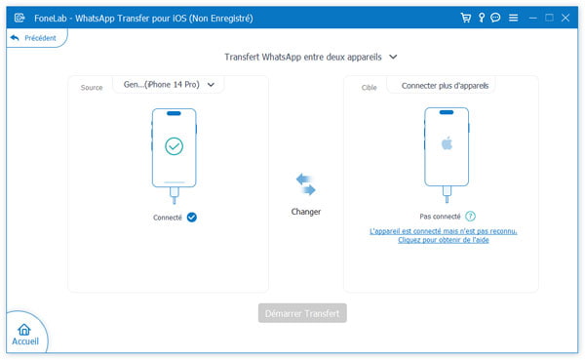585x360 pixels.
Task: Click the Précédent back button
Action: coord(32,38)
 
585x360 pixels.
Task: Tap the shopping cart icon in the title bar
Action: coord(466,17)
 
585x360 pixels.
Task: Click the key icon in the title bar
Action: coord(481,17)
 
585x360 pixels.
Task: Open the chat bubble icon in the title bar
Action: coord(495,17)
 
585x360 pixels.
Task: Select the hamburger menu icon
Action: coord(513,17)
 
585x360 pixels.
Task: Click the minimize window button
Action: coord(532,17)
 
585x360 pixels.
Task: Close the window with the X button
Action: coord(566,17)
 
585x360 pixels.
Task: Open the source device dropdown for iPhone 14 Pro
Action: coord(169,85)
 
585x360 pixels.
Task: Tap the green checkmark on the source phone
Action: coord(174,146)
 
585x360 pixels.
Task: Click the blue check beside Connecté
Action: coord(192,217)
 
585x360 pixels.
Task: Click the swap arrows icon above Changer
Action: coord(305,184)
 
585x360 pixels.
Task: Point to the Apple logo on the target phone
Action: coord(447,142)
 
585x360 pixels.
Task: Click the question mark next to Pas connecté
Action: coord(471,216)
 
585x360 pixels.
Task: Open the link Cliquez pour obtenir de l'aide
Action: coord(443,240)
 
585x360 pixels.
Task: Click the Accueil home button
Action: coord(24,334)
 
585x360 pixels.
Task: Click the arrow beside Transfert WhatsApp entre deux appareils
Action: coord(393,58)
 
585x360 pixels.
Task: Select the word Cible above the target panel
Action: coord(370,88)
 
